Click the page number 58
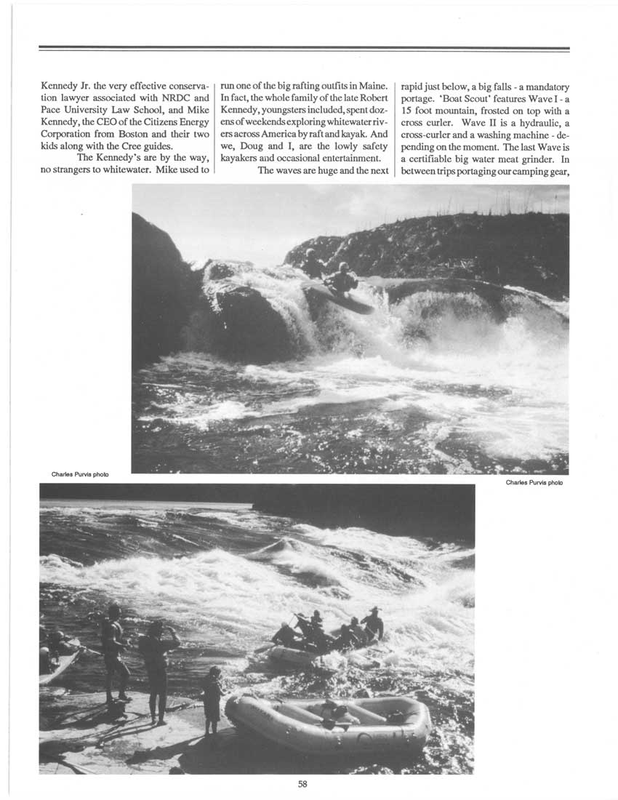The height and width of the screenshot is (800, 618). coord(303,783)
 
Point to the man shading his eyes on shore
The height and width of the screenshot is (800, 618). coord(158,663)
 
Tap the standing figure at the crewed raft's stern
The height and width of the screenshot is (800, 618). coord(373,623)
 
